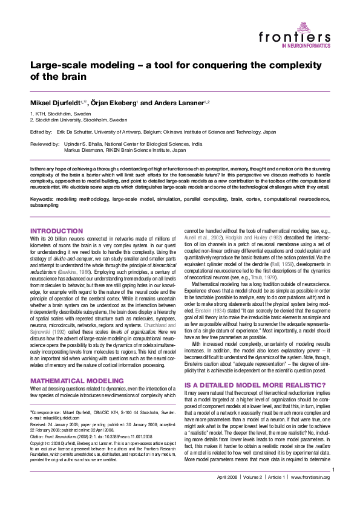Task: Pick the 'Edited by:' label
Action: click(x=41, y=131)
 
